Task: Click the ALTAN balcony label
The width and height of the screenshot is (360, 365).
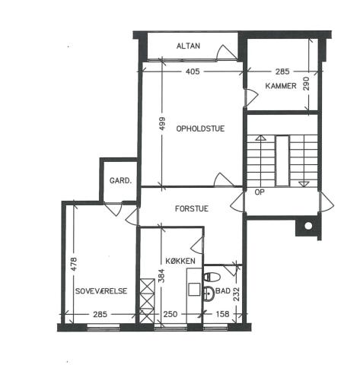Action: coord(188,46)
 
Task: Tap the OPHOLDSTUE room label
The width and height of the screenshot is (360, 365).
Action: coord(200,129)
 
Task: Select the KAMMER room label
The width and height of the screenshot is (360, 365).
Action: coord(281,86)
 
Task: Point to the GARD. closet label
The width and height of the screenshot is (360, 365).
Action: coord(120,181)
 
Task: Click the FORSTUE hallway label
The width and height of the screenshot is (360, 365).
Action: coord(192,208)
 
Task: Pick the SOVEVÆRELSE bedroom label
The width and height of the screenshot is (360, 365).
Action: coord(101,291)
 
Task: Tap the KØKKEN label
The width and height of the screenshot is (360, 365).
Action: coord(180,261)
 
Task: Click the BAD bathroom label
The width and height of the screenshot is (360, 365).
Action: coord(223,290)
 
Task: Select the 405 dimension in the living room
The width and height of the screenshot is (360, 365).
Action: coord(193,71)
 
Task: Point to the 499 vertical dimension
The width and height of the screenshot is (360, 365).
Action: coord(162,123)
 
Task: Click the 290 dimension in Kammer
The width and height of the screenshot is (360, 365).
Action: coord(306,84)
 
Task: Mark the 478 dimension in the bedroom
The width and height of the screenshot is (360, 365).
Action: coord(73,265)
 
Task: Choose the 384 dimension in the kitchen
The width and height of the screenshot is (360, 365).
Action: coord(161,276)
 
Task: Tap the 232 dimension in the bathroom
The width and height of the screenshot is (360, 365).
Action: coord(236,294)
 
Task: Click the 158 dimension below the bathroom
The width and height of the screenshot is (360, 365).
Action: coord(222,314)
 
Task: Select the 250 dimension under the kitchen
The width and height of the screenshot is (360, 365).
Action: coord(170,314)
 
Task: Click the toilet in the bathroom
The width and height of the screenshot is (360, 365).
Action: coord(211,277)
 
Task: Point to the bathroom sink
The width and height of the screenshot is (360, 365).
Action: coord(209,294)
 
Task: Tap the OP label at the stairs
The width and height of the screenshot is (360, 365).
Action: coord(260,192)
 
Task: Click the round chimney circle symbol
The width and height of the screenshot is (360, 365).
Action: coord(308,226)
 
